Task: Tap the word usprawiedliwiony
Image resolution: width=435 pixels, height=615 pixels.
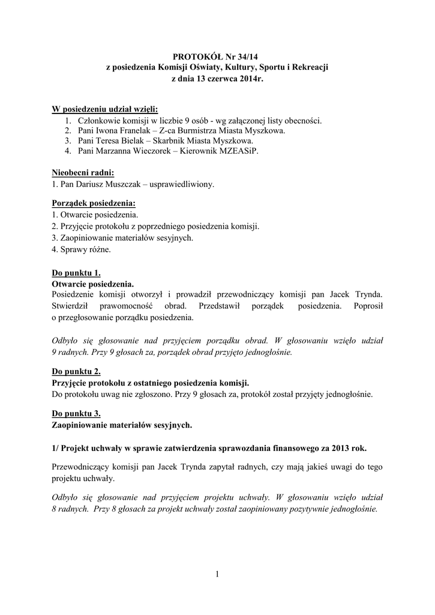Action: pyautogui.click(x=182, y=184)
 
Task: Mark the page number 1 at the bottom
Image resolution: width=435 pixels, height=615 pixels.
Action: pyautogui.click(x=217, y=575)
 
